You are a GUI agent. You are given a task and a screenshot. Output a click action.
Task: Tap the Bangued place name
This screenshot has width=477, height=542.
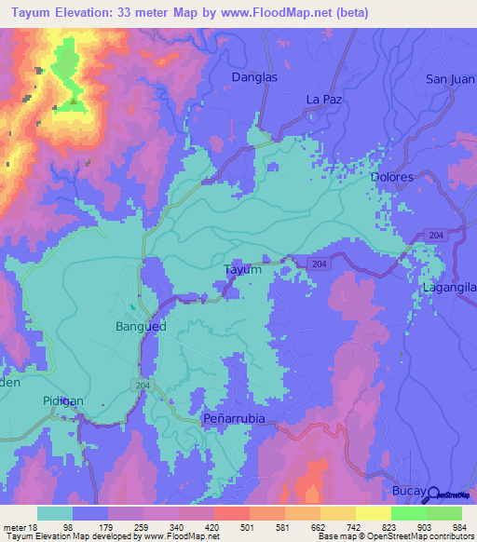click(141, 327)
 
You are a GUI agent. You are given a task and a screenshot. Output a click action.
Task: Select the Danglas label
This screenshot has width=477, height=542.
click(254, 78)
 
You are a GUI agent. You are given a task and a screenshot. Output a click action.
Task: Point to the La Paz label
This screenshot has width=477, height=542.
click(325, 98)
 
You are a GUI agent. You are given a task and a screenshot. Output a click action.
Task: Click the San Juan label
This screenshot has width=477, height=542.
click(451, 78)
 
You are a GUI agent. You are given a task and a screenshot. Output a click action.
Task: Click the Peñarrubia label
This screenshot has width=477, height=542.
click(235, 419)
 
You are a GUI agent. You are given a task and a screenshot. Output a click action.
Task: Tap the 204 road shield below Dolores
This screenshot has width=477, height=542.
click(437, 237)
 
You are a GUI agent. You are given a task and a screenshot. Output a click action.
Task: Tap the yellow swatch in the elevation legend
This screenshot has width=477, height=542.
click(373, 513)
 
